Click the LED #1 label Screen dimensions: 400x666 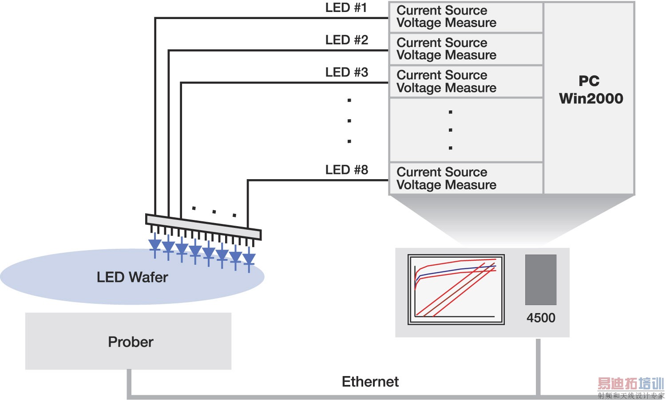[x=346, y=8]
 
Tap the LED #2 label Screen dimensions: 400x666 [x=346, y=40]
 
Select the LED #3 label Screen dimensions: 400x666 [x=346, y=72]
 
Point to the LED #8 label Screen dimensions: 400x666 [x=346, y=170]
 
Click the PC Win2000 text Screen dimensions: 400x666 [x=591, y=90]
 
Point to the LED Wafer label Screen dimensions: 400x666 [x=132, y=278]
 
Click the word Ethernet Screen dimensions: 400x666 [x=370, y=382]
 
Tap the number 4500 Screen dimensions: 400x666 [x=541, y=318]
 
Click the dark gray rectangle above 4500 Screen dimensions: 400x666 [x=541, y=280]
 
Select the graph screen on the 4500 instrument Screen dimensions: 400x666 [x=456, y=290]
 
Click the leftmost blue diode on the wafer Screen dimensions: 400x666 [x=155, y=245]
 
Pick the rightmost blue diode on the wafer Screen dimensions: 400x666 [x=249, y=259]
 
